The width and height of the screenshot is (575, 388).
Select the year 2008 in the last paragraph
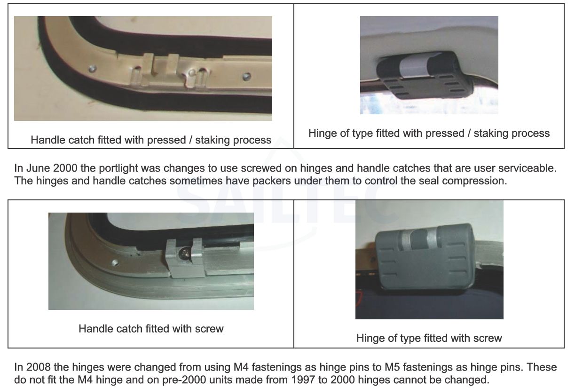coord(38,367)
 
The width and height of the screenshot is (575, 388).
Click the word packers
coord(272,181)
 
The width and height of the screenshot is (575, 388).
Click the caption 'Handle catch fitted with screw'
coord(151,329)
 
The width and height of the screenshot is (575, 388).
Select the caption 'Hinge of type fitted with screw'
coord(429,338)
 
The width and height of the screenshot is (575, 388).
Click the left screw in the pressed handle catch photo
coord(93,69)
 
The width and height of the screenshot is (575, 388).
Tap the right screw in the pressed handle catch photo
coord(247,77)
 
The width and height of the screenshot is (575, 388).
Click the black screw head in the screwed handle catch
coord(185,253)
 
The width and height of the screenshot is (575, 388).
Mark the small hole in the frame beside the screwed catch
coord(115,263)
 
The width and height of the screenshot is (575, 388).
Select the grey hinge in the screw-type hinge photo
coord(425,259)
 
